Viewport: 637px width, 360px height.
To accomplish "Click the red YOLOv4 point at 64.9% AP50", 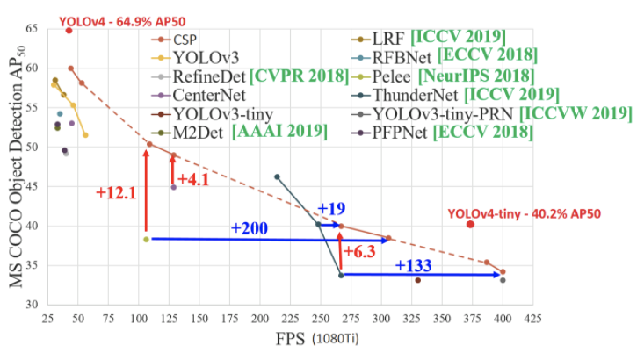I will click(x=69, y=31).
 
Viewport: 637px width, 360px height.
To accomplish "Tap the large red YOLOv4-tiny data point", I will click(x=470, y=224).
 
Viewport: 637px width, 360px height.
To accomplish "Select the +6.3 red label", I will click(x=360, y=252).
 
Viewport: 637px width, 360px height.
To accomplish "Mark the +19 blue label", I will click(x=330, y=208).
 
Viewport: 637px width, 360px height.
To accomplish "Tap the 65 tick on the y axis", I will click(x=32, y=29).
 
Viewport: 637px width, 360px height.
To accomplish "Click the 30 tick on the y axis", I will click(x=32, y=305).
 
